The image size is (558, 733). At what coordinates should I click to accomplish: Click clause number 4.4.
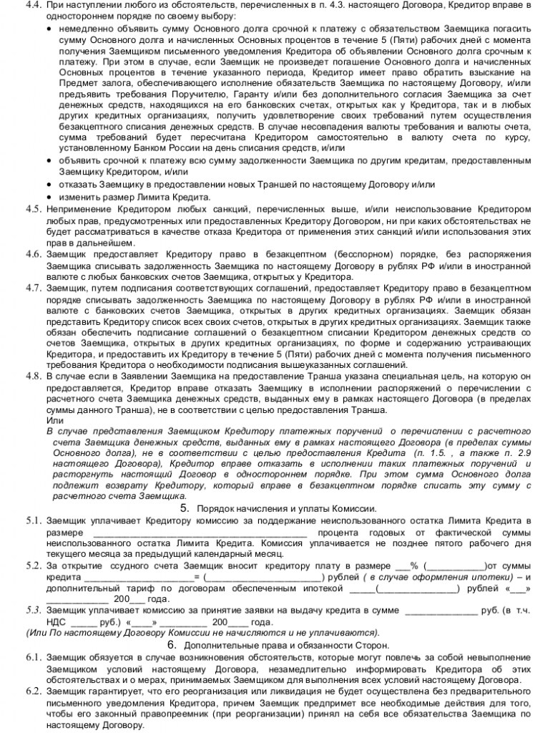(34, 6)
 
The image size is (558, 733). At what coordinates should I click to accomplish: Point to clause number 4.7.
(34, 288)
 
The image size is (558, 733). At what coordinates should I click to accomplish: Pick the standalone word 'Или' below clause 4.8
(54, 420)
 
